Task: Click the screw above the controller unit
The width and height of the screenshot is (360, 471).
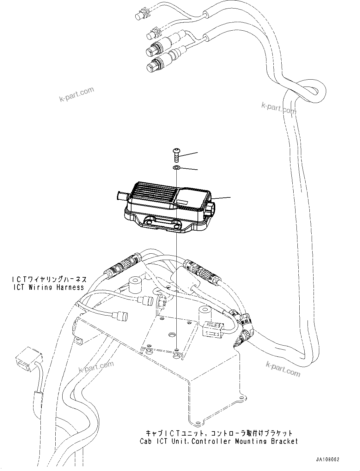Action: pos(176,155)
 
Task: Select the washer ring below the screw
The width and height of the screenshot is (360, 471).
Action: pos(177,168)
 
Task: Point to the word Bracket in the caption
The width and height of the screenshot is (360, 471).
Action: pos(284,441)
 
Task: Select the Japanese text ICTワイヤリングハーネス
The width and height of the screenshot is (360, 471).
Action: pos(49,280)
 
